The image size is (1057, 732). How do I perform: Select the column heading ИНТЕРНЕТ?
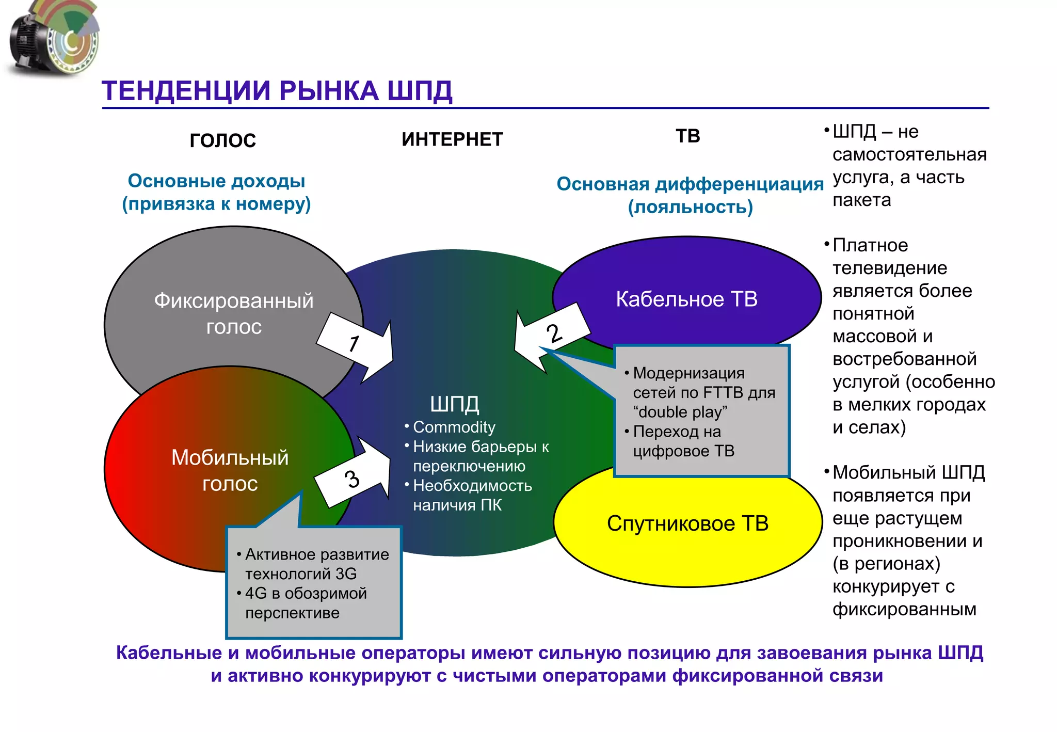(452, 139)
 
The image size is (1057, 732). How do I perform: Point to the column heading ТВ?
(688, 136)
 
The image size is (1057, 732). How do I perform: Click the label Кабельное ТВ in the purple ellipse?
(686, 299)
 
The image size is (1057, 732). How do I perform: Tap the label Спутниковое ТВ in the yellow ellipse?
(687, 523)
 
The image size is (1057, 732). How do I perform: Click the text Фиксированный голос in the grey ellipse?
(234, 313)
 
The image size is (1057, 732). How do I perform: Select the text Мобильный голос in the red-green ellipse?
(230, 470)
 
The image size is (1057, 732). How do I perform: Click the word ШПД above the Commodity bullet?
(454, 404)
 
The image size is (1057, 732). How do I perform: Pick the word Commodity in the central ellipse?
(454, 427)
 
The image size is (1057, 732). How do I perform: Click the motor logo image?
(54, 39)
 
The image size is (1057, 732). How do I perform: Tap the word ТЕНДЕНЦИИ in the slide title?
(186, 91)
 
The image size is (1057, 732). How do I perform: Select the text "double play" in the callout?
(680, 412)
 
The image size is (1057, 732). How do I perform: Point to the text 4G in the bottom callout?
(256, 593)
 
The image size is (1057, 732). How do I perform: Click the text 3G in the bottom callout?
(345, 574)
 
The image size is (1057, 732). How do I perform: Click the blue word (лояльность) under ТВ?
(690, 207)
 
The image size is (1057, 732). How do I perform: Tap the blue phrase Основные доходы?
(216, 181)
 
